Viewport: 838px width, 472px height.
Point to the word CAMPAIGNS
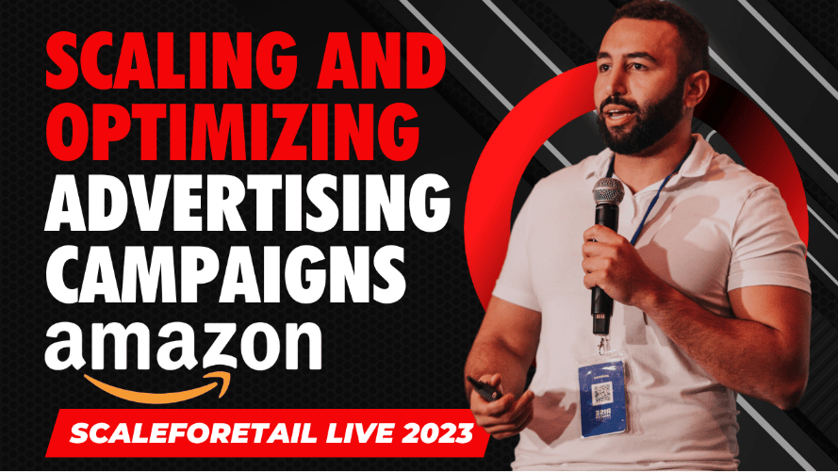225,275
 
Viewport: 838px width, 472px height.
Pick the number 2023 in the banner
437,433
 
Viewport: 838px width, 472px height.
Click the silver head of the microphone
607,191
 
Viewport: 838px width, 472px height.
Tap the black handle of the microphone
602,267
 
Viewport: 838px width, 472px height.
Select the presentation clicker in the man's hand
483,389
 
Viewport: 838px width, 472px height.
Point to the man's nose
609,85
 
